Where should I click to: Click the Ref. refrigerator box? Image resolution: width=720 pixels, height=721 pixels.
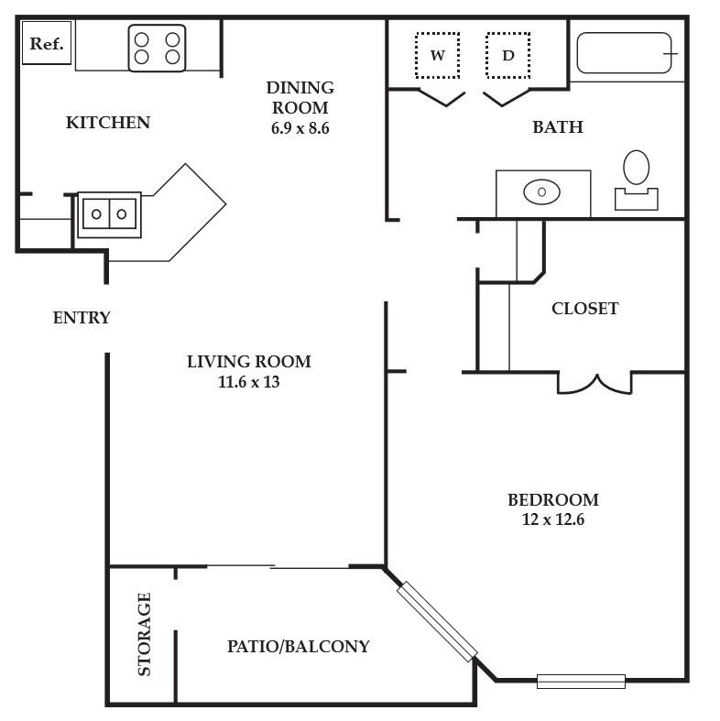pos(47,43)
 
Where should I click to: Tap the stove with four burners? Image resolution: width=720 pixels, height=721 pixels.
pos(157,49)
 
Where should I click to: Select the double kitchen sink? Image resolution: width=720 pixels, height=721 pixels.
pos(109,214)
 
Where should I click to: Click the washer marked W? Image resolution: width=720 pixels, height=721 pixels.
pos(437,56)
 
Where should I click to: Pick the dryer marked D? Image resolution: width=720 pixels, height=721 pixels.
pos(508,56)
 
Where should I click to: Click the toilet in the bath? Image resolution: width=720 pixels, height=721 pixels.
pos(637,180)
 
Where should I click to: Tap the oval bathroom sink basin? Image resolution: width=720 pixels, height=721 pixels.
pos(541,191)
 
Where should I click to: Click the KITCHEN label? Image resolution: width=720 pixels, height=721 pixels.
pos(108,123)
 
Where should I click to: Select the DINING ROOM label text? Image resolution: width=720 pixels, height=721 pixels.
pos(300,97)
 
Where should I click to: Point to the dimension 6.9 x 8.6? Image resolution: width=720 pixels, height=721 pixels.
pos(300,128)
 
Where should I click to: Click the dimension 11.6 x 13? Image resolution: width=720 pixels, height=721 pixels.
pos(249,382)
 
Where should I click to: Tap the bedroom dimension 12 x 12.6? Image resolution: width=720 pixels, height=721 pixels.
pos(553,519)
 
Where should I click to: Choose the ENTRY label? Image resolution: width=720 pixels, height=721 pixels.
pos(82,317)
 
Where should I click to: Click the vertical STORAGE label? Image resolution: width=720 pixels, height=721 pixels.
pos(145,634)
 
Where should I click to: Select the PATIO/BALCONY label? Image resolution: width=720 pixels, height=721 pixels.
pos(299,646)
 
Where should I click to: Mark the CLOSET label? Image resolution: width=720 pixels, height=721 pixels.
pos(584,308)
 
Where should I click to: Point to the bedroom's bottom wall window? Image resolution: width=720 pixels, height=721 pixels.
pos(581,681)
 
